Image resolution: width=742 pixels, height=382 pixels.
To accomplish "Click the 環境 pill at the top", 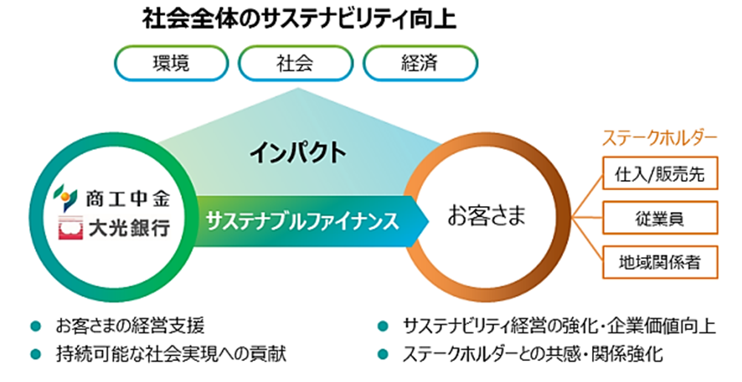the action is point(171,63).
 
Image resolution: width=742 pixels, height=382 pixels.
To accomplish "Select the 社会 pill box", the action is point(296,63).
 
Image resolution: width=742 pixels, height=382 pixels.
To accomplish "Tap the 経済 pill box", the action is point(420,63).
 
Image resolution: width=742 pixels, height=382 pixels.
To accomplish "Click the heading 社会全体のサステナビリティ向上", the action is point(299,20).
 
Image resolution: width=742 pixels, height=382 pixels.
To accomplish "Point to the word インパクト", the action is point(297,153).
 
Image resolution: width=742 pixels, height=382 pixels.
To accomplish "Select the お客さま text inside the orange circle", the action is point(487,217).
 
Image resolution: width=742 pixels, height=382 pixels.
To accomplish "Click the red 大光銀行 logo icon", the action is point(70,228).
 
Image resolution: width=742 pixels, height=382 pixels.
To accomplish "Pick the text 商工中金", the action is point(127,198).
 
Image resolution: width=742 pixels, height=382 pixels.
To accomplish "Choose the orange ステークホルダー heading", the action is point(660,137).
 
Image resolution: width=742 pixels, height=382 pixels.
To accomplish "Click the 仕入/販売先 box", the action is point(660,173).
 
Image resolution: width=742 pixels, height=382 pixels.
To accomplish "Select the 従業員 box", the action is point(660,218).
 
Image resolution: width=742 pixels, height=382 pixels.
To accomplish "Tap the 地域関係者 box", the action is point(660,261).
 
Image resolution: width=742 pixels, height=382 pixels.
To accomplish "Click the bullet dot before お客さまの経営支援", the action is point(35,326).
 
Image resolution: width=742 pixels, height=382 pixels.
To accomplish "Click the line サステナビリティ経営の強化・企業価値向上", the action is point(559,326).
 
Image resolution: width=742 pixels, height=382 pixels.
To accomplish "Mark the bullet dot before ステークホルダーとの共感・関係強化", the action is point(383,354).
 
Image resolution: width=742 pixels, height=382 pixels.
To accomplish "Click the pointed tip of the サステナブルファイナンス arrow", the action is point(429,221).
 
